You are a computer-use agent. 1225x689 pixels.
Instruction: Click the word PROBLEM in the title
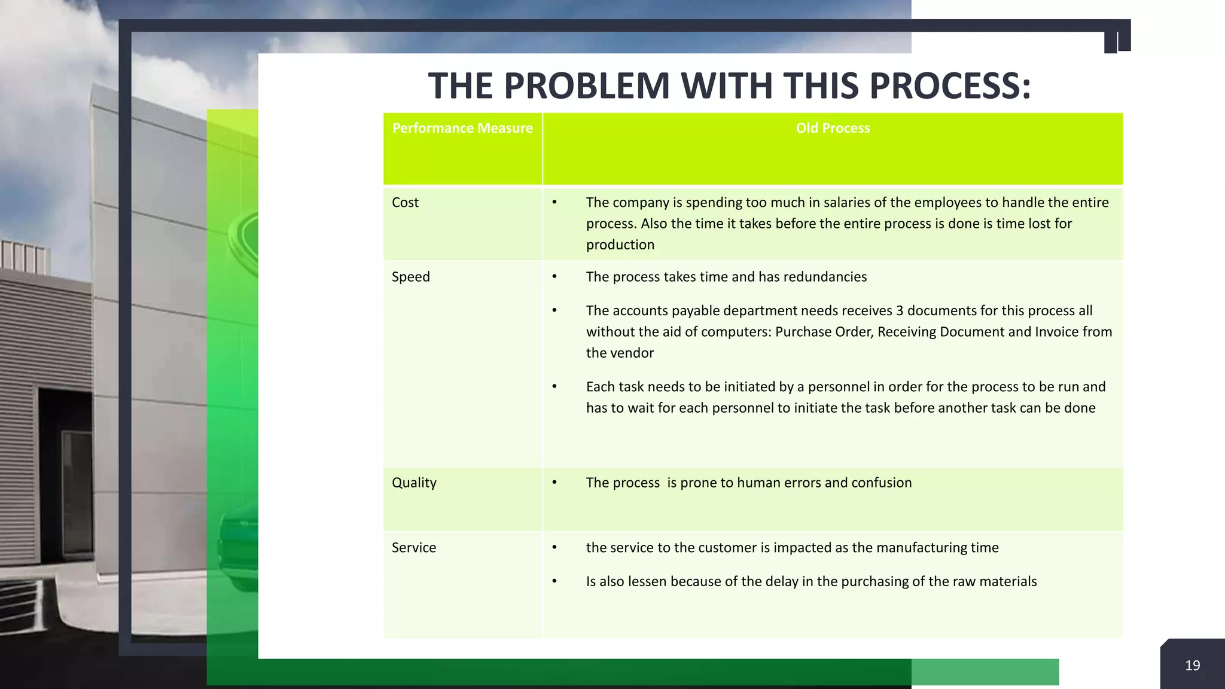click(x=586, y=86)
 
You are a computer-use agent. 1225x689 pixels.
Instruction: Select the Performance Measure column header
click(x=462, y=128)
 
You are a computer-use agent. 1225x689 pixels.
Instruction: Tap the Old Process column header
click(x=833, y=128)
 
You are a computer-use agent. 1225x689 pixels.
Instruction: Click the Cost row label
click(x=405, y=202)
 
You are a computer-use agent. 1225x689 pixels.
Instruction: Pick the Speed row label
click(x=410, y=276)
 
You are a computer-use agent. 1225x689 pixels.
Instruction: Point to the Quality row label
click(x=414, y=482)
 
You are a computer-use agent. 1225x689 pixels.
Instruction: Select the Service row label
click(x=414, y=547)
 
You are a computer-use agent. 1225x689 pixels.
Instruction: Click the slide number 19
click(x=1192, y=665)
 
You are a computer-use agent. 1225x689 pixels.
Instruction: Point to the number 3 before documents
click(x=899, y=310)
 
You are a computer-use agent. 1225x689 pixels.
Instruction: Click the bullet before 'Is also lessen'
click(x=554, y=581)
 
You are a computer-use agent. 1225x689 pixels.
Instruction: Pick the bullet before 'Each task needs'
click(x=554, y=386)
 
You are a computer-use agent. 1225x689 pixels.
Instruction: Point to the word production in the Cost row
click(x=620, y=245)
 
